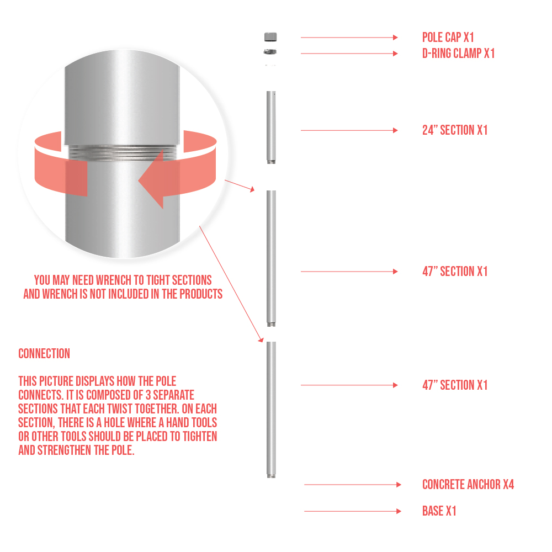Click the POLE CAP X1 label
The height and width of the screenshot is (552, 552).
(448, 38)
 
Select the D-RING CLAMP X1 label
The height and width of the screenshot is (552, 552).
(458, 54)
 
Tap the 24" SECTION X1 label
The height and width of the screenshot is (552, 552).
(455, 130)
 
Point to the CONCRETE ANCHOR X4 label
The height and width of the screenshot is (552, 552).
(468, 485)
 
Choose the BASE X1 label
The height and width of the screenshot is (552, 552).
(439, 511)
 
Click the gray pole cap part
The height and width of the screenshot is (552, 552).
(270, 37)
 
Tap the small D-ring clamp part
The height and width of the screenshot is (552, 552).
(270, 52)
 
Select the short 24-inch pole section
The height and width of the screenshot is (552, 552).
(271, 128)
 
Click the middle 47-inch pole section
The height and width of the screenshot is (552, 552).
(271, 258)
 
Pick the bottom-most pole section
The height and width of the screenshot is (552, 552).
(271, 410)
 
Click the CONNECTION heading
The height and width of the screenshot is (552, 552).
(44, 353)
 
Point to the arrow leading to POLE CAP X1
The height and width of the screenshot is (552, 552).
(349, 38)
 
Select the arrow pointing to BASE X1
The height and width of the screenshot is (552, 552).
(353, 511)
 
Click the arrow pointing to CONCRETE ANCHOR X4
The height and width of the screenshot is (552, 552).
(353, 485)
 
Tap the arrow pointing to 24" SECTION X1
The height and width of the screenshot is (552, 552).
(349, 130)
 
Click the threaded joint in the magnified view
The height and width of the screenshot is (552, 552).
(122, 152)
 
